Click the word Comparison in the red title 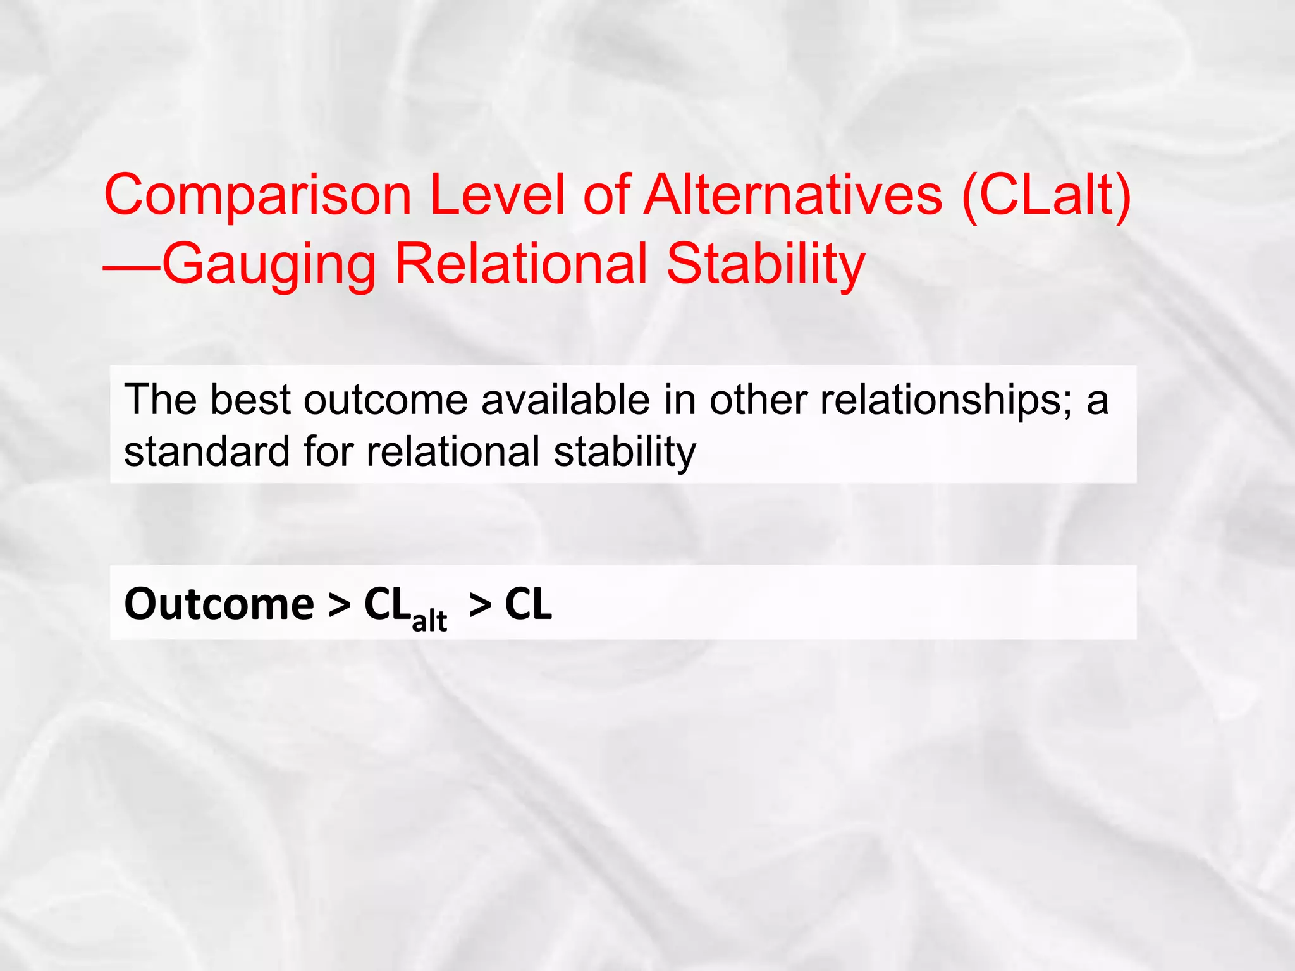[x=258, y=196]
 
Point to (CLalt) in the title [x=1046, y=196]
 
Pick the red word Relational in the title [x=521, y=264]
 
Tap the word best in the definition [x=250, y=400]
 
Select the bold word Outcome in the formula [x=219, y=604]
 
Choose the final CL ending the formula [x=528, y=604]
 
